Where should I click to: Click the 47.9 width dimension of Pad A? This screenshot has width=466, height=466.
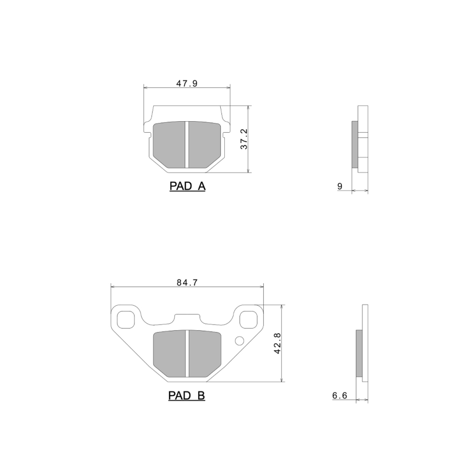(187, 83)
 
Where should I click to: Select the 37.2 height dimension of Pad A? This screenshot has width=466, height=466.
(244, 139)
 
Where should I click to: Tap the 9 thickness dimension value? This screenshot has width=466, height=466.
(339, 186)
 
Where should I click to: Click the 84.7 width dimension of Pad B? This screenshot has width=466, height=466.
(188, 283)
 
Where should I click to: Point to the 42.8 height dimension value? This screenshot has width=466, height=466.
(277, 344)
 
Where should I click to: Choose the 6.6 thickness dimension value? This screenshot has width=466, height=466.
(340, 396)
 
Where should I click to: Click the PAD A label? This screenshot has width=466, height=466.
(187, 186)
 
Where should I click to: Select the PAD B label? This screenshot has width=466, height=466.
(186, 396)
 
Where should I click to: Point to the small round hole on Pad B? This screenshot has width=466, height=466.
(239, 341)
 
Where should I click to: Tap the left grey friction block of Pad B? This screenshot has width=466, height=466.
(168, 352)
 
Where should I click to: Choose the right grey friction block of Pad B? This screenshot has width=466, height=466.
(204, 352)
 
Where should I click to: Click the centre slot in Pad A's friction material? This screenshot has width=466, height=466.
(186, 144)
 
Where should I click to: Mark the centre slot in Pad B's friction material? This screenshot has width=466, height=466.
(186, 352)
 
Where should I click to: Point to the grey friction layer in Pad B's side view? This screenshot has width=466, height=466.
(358, 353)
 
